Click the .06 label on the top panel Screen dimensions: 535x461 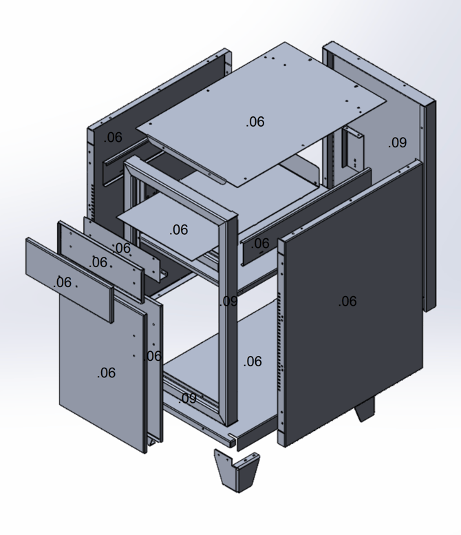255,122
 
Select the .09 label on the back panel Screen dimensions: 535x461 397,143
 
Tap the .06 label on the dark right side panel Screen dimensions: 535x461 347,301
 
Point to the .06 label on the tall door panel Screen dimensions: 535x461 106,373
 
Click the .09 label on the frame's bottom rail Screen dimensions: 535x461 187,398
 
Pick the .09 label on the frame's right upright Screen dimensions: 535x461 229,301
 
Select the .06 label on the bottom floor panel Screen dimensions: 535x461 253,361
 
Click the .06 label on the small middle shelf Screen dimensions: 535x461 178,229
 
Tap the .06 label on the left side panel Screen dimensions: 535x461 113,137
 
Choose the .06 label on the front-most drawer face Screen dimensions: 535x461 63,282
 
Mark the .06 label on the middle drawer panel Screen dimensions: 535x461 98,262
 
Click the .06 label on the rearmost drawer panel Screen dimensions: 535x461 122,248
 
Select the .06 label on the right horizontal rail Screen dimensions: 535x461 260,243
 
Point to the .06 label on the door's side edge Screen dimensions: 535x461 153,356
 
